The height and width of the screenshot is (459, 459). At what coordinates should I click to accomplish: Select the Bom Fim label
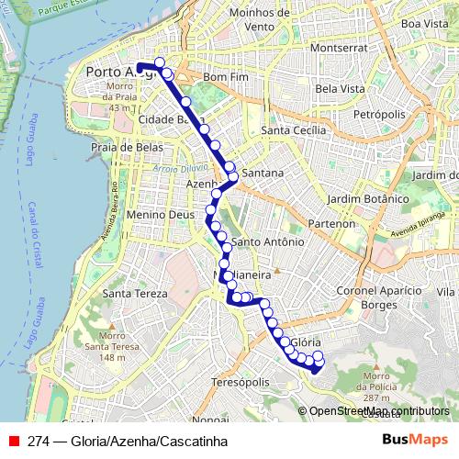pos(227,77)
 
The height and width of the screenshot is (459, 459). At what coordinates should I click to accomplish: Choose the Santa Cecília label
pos(294,130)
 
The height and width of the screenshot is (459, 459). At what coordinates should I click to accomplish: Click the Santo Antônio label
pos(267,241)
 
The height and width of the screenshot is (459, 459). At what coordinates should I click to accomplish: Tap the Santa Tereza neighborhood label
pos(136,294)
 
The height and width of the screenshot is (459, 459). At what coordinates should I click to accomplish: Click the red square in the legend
pos(14,440)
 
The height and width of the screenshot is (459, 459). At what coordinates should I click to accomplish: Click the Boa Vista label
pos(423,23)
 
